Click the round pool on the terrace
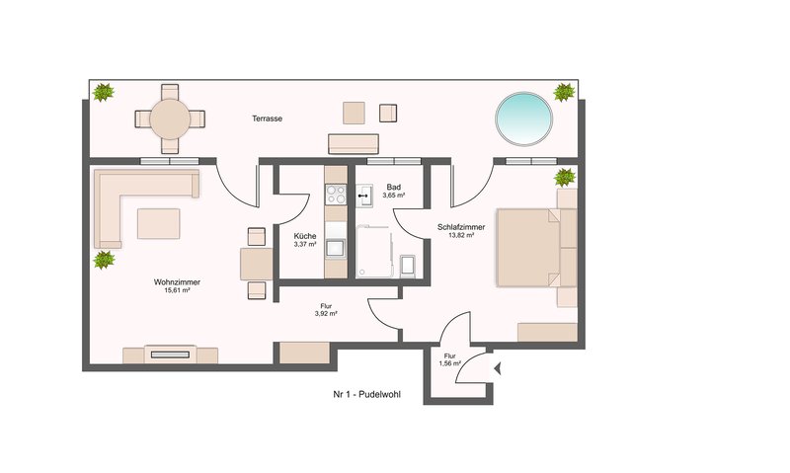(x=524, y=118)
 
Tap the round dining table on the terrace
(x=170, y=118)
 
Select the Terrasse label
(x=267, y=118)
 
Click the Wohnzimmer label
(x=177, y=282)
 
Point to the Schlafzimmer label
(x=461, y=227)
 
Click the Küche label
(x=305, y=236)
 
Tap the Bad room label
(x=394, y=187)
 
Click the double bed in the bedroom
(x=536, y=248)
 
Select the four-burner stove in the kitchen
(x=336, y=195)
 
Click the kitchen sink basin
(x=336, y=248)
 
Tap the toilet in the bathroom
(x=408, y=266)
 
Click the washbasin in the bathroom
(x=363, y=196)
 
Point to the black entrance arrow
(x=498, y=369)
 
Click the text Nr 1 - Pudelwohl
(x=366, y=394)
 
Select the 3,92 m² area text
(x=326, y=313)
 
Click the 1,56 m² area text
(x=450, y=363)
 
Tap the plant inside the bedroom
(x=565, y=178)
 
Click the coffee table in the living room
(x=159, y=223)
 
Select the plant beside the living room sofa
(x=104, y=260)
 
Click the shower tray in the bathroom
(x=373, y=252)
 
